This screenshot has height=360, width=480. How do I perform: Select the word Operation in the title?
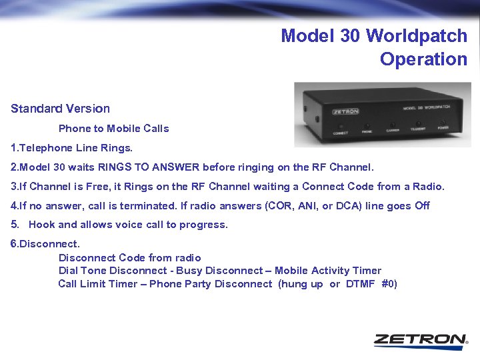pyautogui.click(x=424, y=59)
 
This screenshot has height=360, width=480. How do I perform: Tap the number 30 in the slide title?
pyautogui.click(x=349, y=35)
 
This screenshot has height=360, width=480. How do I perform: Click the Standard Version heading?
pyautogui.click(x=60, y=108)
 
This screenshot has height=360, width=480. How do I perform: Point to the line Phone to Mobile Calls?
pyautogui.click(x=113, y=128)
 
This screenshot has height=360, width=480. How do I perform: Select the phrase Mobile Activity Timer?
pyautogui.click(x=328, y=270)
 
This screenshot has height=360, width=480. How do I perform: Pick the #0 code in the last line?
pyautogui.click(x=389, y=283)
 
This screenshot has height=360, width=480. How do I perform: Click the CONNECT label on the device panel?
pyautogui.click(x=341, y=133)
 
